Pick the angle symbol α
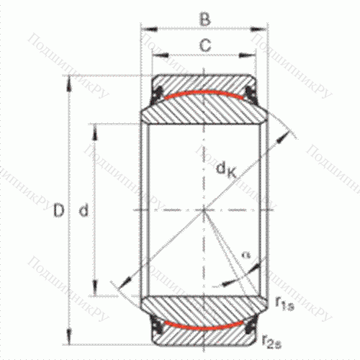(246, 254)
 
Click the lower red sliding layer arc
(204, 324)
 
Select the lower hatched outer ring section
(204, 336)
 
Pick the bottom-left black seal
(155, 328)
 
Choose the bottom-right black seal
(253, 328)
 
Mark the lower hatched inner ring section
(204, 308)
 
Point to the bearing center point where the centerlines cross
(204, 210)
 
